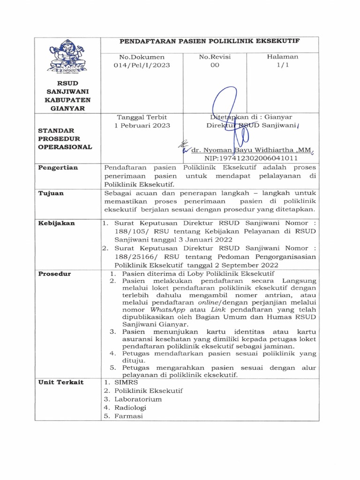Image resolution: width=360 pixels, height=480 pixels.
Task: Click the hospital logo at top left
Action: pos(68,57)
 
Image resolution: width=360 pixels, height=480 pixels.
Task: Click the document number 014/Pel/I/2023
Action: pos(141,66)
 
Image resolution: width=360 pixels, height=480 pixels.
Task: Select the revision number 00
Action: pos(215,66)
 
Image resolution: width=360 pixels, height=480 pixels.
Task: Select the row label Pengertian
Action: pos(58,167)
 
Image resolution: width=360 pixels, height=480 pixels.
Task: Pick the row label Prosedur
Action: pos(54,274)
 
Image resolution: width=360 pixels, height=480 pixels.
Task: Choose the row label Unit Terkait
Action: pos(61,382)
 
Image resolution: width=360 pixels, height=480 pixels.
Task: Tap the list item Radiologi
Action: pos(133,408)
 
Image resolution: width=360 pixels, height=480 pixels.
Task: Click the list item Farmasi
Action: pos(130,417)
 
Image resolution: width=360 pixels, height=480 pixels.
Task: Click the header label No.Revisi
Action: pos(215,57)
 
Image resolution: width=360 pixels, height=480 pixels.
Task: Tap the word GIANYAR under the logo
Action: pos(68,108)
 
